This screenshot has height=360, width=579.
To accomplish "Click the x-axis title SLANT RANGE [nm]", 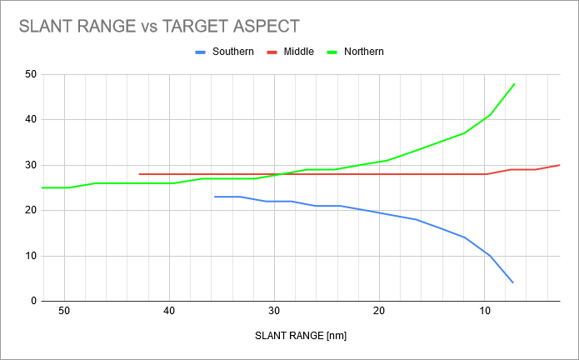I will (300, 337).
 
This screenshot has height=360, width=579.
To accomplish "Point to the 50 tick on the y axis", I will (31, 74).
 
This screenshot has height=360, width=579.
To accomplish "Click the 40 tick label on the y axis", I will (31, 119).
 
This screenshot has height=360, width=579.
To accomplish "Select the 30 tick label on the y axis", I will (31, 165).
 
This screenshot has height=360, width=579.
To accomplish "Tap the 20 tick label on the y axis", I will (31, 210).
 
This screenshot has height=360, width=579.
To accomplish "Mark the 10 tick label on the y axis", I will (31, 256).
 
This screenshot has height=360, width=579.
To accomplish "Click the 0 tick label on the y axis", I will (33, 301).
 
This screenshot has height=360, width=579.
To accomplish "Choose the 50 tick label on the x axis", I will (64, 312).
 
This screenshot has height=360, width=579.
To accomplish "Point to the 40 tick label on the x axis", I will (169, 312).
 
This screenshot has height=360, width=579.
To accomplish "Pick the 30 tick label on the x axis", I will (274, 312).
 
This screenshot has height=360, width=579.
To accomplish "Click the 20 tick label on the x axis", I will (379, 312).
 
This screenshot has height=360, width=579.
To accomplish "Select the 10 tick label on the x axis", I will (484, 312).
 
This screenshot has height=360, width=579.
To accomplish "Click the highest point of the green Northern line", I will (515, 83).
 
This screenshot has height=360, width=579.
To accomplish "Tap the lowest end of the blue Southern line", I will (513, 282).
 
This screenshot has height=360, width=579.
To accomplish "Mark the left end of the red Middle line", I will (139, 174).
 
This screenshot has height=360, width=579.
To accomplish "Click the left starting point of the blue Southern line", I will (215, 197).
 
